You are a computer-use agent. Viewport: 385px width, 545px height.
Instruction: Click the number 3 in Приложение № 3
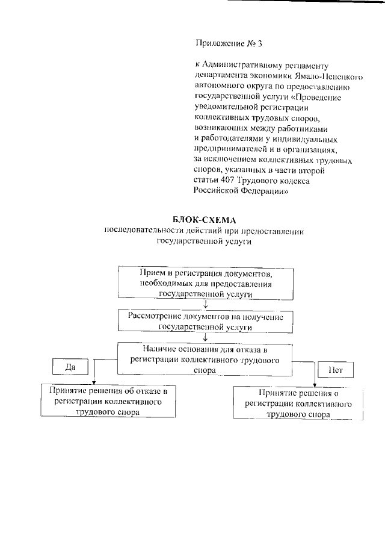point(259,43)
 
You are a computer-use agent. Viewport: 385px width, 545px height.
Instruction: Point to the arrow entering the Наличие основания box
point(206,338)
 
